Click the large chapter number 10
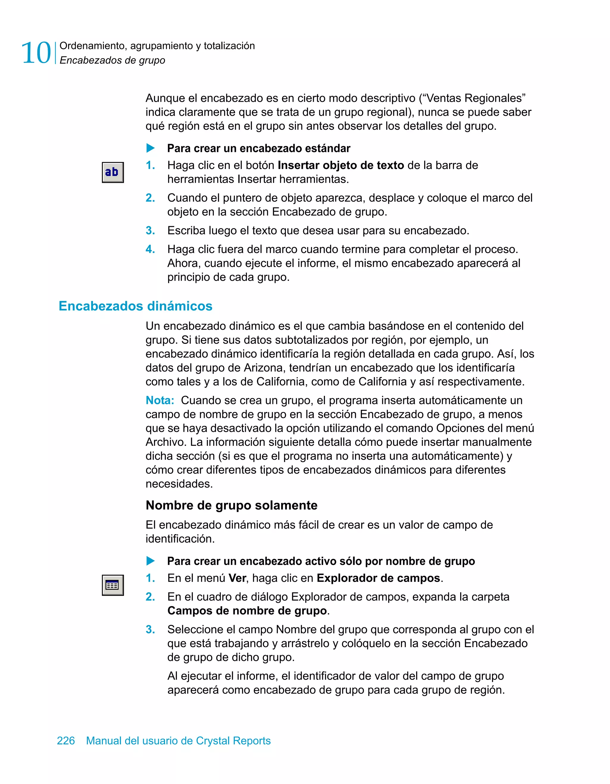(36, 53)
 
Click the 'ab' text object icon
(113, 172)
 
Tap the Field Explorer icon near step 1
(113, 585)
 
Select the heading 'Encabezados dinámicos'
(136, 306)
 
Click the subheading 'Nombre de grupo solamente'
(231, 505)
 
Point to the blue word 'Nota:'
(160, 400)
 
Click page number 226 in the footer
(66, 741)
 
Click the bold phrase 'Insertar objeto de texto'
(341, 165)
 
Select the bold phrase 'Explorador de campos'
(378, 578)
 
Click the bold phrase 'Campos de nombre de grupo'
(247, 610)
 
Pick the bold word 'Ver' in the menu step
(237, 578)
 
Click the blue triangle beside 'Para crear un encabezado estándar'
(150, 148)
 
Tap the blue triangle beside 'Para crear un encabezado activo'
(150, 561)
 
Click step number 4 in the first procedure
(150, 249)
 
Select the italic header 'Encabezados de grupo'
(112, 60)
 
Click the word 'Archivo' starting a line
(166, 442)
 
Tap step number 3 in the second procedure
(150, 629)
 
